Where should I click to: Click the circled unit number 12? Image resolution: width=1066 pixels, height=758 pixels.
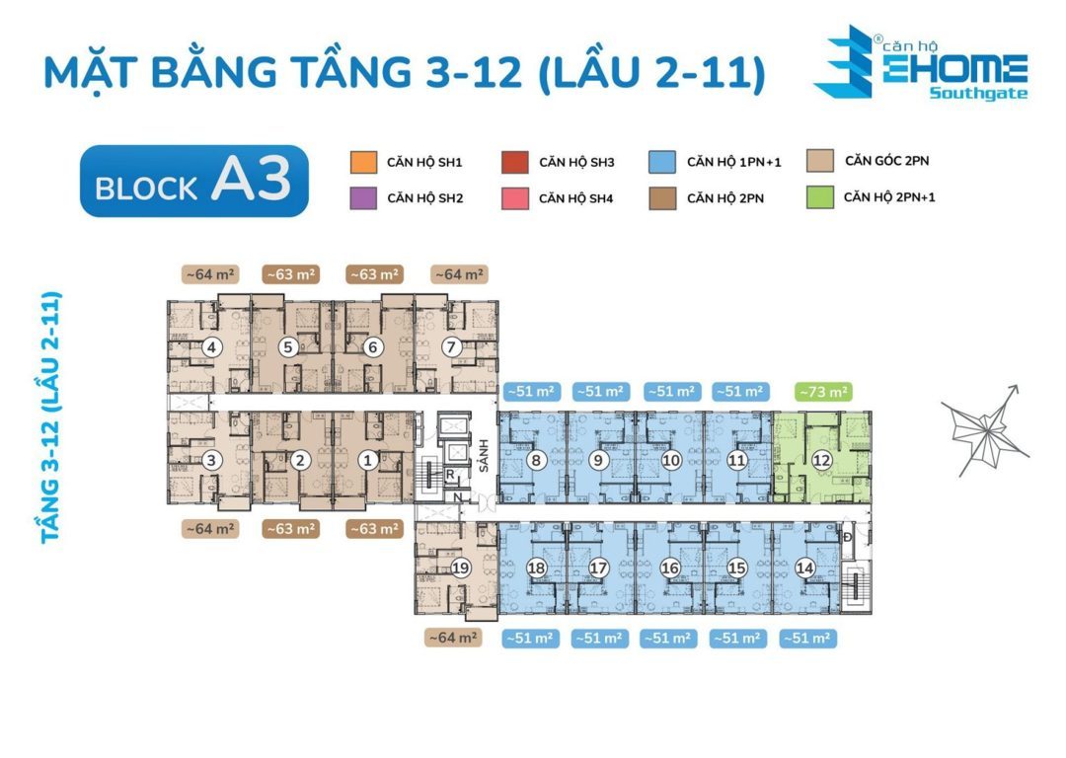[x=821, y=460]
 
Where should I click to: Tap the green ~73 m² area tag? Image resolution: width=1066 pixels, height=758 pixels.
[x=823, y=392]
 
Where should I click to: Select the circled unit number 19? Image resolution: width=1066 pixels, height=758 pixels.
[x=460, y=568]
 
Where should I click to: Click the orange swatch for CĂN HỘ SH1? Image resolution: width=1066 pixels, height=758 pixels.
[x=363, y=162]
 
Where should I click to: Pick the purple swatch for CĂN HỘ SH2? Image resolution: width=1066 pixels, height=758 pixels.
[x=363, y=197]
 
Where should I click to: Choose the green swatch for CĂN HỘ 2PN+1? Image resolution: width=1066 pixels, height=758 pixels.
[x=818, y=196]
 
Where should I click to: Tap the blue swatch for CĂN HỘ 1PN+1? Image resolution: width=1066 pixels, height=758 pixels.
[x=662, y=162]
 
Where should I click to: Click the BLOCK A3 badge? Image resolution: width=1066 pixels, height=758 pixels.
[x=194, y=181]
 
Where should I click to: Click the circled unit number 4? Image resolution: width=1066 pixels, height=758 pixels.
[x=210, y=347]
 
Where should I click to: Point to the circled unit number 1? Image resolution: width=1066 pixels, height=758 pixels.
[x=367, y=459]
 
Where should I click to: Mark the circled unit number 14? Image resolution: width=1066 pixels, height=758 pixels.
[x=805, y=568]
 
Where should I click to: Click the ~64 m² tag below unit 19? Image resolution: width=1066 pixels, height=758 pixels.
[x=452, y=639]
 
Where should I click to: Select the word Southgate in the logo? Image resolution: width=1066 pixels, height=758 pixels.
[x=977, y=95]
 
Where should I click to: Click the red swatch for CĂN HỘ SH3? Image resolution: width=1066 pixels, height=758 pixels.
[x=514, y=162]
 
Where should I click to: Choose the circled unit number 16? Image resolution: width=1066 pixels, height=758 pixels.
[x=670, y=568]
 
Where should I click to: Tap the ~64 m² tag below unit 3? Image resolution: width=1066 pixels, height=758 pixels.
[x=209, y=529]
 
